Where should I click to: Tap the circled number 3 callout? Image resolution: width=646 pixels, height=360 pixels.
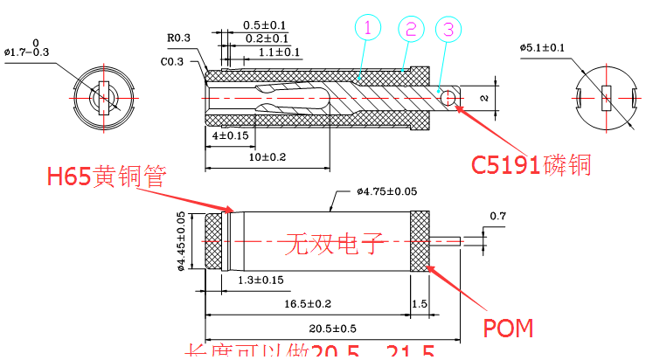click(x=448, y=28)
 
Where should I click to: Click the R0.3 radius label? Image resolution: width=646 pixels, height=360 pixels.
click(x=180, y=38)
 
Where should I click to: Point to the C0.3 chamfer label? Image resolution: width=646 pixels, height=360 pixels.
click(x=172, y=62)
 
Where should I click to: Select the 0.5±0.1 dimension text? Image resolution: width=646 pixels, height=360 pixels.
click(x=266, y=24)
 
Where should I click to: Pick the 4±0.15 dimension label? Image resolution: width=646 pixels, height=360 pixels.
click(x=230, y=136)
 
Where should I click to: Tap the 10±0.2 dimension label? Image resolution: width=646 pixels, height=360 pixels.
click(x=260, y=157)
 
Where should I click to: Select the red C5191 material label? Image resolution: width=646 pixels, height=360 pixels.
click(x=531, y=164)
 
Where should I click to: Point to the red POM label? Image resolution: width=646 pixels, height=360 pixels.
click(x=508, y=328)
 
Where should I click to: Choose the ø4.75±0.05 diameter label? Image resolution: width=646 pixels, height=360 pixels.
click(x=386, y=191)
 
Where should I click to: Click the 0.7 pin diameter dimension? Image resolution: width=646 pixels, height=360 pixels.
click(x=498, y=216)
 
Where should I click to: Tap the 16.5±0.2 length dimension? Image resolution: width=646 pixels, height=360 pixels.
click(x=306, y=303)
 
